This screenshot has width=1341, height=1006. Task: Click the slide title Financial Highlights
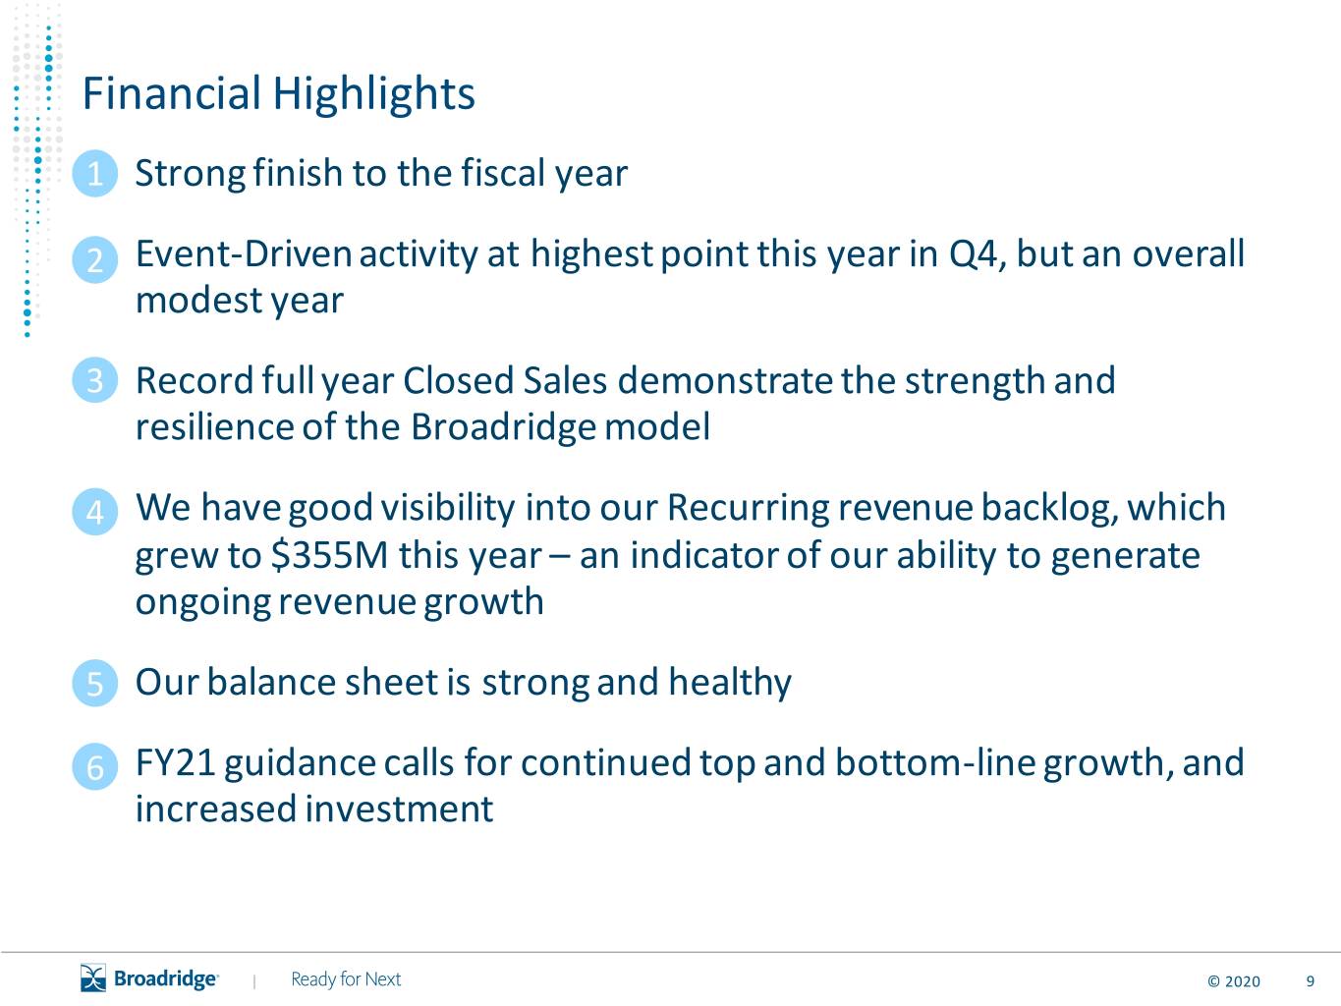pyautogui.click(x=279, y=94)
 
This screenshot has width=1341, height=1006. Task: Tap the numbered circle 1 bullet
pyautogui.click(x=94, y=174)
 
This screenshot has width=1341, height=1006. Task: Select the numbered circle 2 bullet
pyautogui.click(x=94, y=259)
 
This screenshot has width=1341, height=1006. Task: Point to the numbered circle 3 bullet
pyautogui.click(x=94, y=380)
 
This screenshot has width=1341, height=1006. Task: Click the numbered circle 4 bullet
pyautogui.click(x=94, y=512)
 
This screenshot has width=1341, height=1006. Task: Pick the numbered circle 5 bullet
pyautogui.click(x=94, y=683)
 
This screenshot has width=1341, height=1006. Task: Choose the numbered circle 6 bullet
pyautogui.click(x=94, y=766)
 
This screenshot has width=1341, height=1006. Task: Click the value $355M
pyautogui.click(x=329, y=555)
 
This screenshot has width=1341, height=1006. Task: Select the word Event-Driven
pyautogui.click(x=244, y=253)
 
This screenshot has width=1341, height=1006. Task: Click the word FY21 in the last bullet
pyautogui.click(x=175, y=762)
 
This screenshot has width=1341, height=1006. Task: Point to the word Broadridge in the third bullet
pyautogui.click(x=503, y=427)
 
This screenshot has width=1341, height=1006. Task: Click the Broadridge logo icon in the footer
pyautogui.click(x=93, y=978)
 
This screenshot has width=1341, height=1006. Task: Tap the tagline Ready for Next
pyautogui.click(x=346, y=979)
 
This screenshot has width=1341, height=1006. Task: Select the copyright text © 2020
pyautogui.click(x=1234, y=981)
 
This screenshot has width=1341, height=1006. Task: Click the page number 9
pyautogui.click(x=1310, y=981)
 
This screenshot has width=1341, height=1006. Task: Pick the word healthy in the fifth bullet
pyautogui.click(x=730, y=683)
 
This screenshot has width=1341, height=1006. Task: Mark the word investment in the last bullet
pyautogui.click(x=399, y=809)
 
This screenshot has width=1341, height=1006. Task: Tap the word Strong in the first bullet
pyautogui.click(x=191, y=174)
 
